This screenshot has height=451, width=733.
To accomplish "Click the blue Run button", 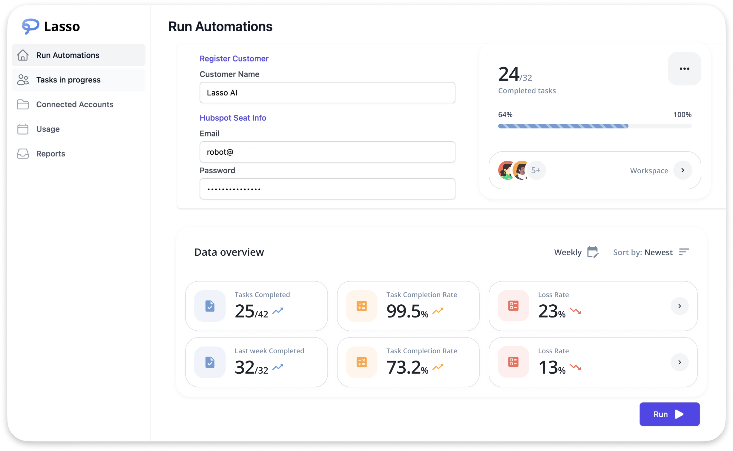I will point(669,414).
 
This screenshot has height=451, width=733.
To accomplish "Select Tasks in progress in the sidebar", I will point(68,80).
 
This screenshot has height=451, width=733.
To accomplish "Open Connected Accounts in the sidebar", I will point(75,105).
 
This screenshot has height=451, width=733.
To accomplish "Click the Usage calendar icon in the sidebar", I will point(23,129).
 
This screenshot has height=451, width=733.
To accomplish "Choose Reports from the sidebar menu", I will point(50,154).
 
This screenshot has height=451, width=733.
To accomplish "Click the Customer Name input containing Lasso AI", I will point(327,93).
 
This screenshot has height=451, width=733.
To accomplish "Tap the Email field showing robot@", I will point(327,152).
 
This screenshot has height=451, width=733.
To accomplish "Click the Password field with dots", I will point(327,189).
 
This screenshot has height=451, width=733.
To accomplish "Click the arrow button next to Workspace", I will point(683,170).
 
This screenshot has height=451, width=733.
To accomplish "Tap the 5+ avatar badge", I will point(536,170).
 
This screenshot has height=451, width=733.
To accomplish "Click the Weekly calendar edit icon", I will point(593,252).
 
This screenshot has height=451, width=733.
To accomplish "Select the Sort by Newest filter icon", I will point(684,252).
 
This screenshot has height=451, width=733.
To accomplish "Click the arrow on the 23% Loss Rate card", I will point(680,306).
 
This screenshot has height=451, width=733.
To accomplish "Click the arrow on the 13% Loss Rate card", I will point(680,362).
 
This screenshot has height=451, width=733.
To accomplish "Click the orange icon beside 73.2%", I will point(361,362).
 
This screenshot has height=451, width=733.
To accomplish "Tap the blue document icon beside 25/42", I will point(210,306).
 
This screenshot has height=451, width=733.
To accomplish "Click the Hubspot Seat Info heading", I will point(233,118).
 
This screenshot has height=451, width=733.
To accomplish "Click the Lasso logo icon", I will point(30,26).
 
